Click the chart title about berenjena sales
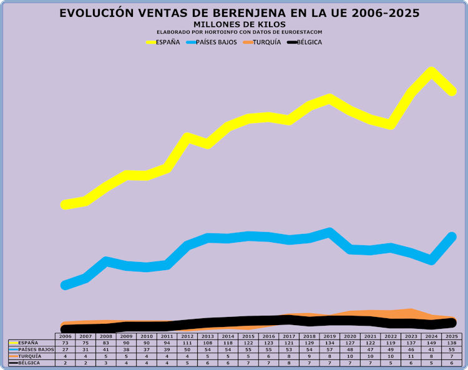pyautogui.click(x=239, y=13)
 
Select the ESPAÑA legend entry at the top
pyautogui.click(x=163, y=42)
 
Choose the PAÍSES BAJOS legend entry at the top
pyautogui.click(x=212, y=42)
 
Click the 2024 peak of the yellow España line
pyautogui.click(x=431, y=72)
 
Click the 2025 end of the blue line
pyautogui.click(x=451, y=236)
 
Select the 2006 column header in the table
pyautogui.click(x=66, y=336)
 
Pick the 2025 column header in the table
pyautogui.click(x=451, y=336)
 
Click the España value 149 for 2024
pyautogui.click(x=431, y=343)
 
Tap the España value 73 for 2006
pyautogui.click(x=66, y=343)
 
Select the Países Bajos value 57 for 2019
pyautogui.click(x=329, y=349)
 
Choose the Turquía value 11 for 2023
pyautogui.click(x=411, y=356)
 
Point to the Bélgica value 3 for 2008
pyautogui.click(x=106, y=363)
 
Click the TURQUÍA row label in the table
pyautogui.click(x=29, y=356)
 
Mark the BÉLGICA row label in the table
pyautogui.click(x=29, y=363)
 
